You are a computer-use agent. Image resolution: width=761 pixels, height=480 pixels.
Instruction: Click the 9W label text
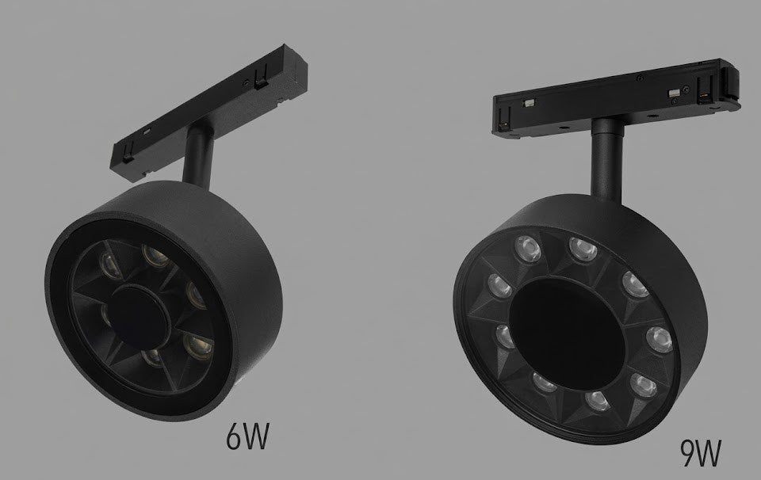point(700,453)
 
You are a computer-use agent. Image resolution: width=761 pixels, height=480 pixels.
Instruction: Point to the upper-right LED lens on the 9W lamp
point(630,282)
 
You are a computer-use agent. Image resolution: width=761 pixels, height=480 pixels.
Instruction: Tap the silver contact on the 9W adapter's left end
point(528,104)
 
